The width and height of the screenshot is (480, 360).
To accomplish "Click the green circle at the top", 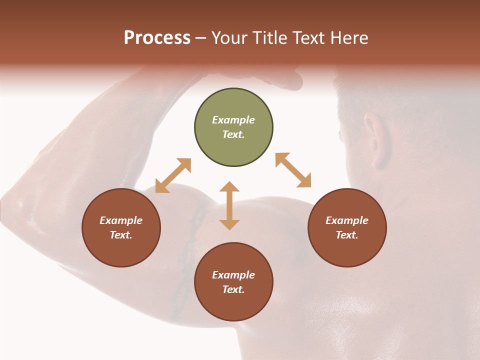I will (233, 127).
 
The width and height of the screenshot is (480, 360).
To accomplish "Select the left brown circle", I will (121, 227).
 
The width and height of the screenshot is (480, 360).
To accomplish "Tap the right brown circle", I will (347, 227).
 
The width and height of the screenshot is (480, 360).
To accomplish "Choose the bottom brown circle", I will (233, 282).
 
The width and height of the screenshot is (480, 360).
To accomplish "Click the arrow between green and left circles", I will (173, 175).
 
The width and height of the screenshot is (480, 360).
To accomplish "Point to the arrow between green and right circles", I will (293, 170).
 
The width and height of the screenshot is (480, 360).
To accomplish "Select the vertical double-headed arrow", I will (229, 205).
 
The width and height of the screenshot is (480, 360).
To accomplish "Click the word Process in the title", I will (157, 38).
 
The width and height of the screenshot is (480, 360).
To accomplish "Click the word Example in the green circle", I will (233, 120).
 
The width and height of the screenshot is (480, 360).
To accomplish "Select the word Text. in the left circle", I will (121, 235).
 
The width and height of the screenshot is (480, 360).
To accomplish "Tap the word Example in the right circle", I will (347, 220).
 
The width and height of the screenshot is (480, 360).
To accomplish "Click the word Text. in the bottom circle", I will (233, 289).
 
